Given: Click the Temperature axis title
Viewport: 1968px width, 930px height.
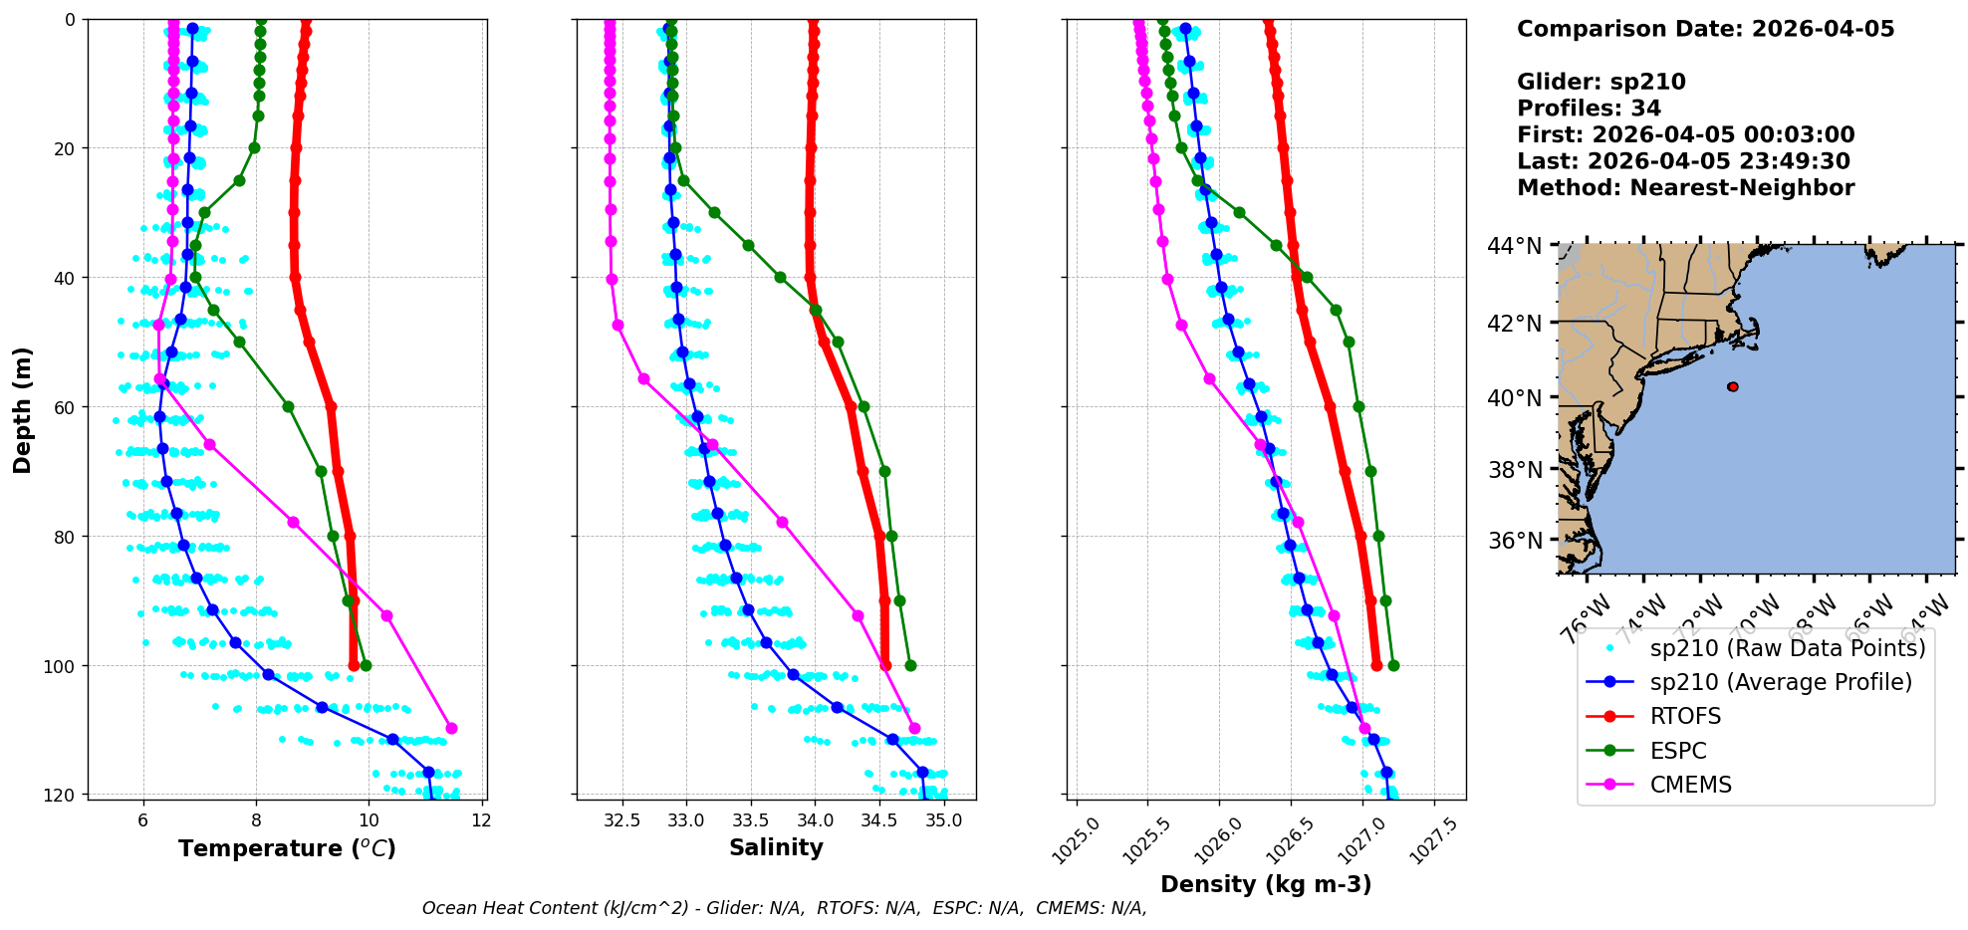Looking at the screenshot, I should tap(287, 848).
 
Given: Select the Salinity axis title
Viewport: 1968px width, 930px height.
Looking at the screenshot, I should tap(776, 847).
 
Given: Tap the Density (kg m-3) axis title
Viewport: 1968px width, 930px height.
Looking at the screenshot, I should tap(1266, 884).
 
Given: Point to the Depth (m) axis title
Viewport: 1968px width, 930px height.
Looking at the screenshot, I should tap(23, 409).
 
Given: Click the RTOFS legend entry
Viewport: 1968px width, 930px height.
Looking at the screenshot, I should tap(1685, 716).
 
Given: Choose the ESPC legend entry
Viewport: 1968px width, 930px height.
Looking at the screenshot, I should tap(1678, 751).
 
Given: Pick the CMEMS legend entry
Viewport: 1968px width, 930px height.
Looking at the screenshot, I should tap(1690, 785).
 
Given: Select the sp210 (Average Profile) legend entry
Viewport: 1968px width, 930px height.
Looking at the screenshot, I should tap(1781, 682).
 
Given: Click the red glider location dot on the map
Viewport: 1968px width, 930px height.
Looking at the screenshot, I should tap(1733, 386).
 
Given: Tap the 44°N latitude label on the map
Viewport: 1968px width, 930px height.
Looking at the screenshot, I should tap(1514, 246).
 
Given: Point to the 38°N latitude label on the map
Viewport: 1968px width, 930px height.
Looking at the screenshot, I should tap(1514, 470).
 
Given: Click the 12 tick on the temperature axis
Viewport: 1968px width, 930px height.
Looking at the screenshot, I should tap(481, 820).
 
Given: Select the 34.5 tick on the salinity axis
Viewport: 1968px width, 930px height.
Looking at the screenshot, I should tap(879, 820).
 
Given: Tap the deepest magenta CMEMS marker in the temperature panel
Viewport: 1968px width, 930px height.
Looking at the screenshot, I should tap(451, 728).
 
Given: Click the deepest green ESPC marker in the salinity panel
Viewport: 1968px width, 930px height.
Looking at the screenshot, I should tap(910, 665).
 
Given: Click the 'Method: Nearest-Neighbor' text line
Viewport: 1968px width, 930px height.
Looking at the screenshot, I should tap(1685, 188).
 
